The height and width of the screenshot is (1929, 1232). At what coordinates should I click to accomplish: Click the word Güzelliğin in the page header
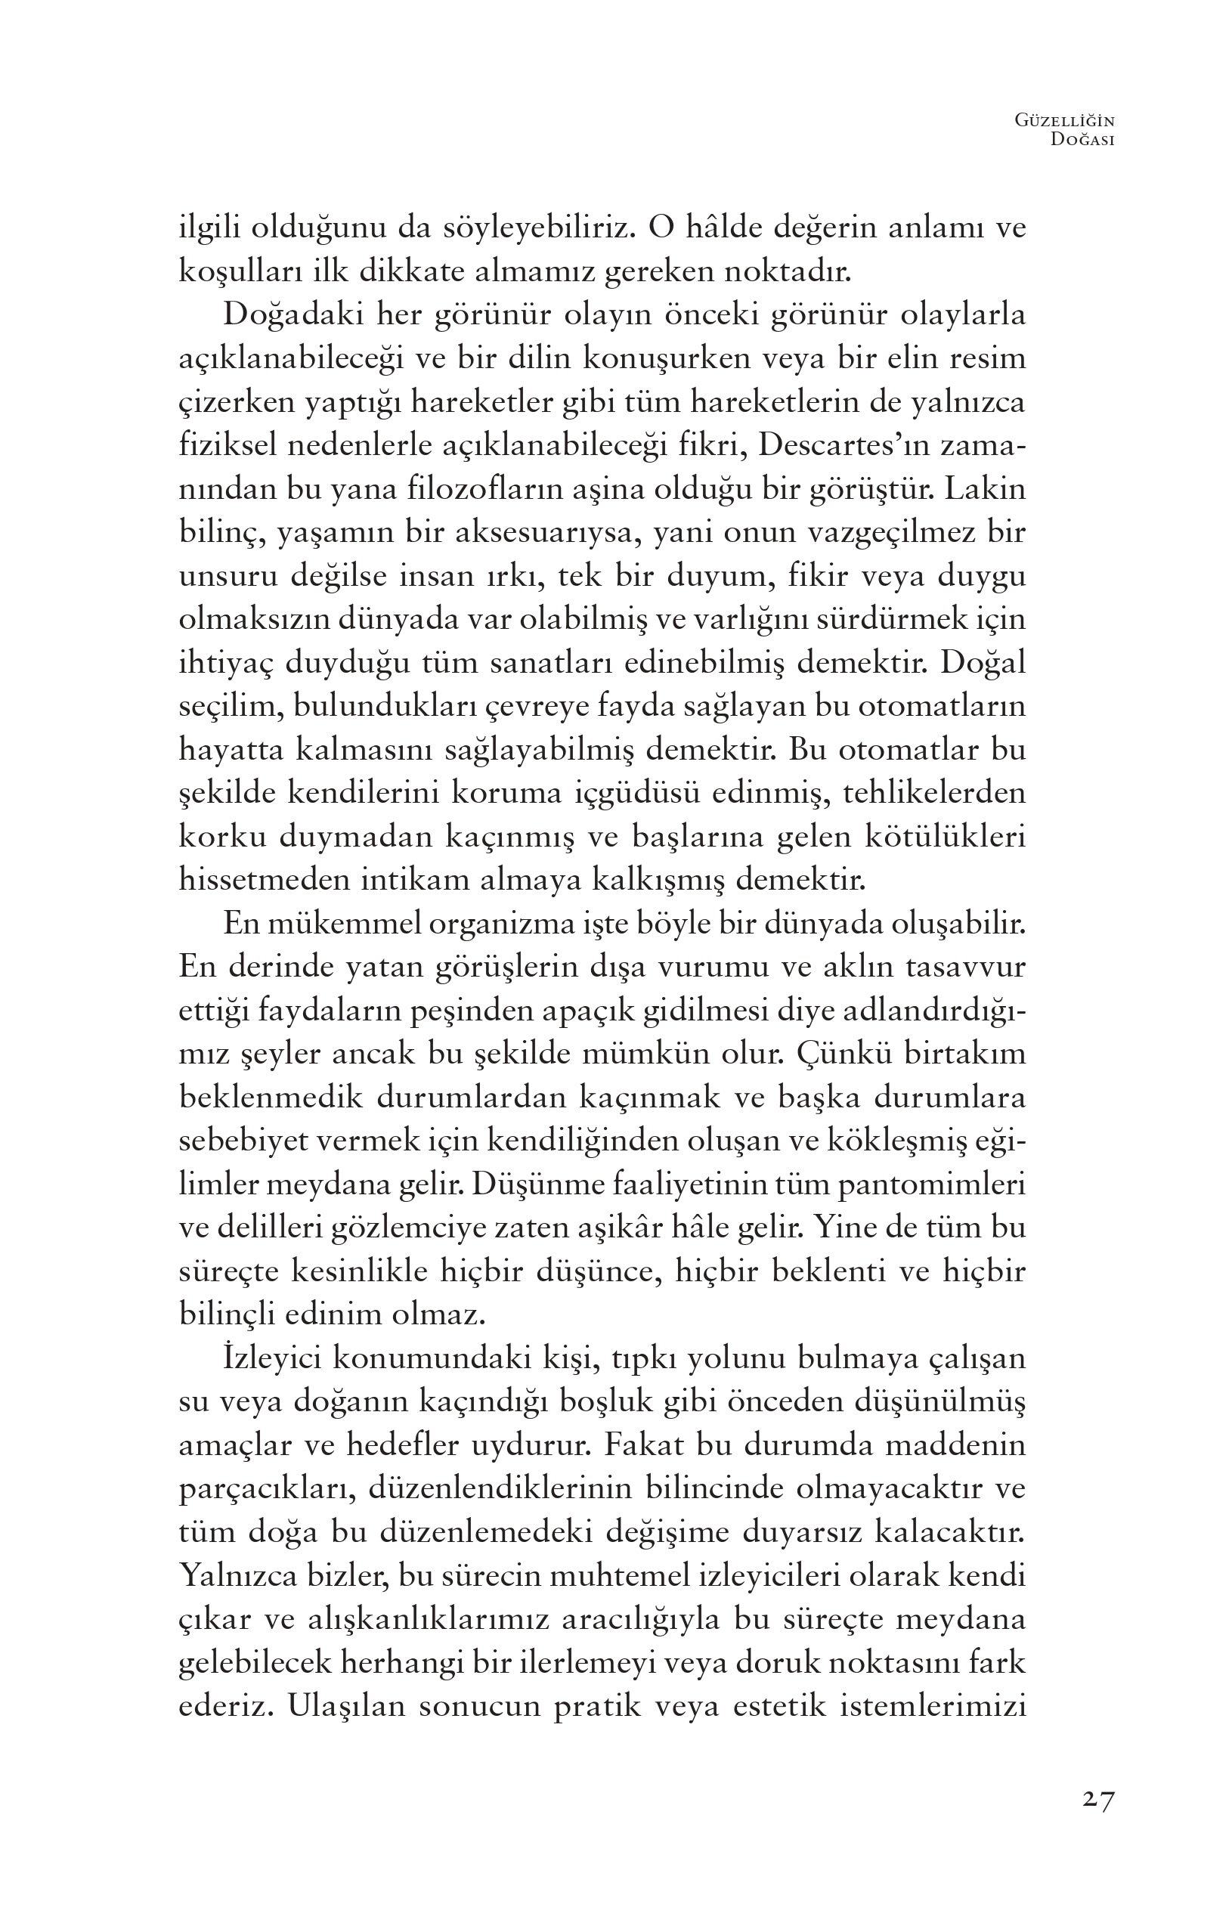coord(1064,120)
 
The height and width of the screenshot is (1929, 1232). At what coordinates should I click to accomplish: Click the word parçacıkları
coord(262,1488)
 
